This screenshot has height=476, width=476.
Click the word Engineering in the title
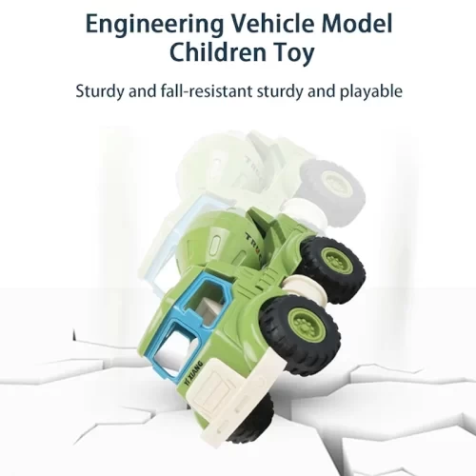click(155, 26)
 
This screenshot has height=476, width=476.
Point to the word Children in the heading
click(218, 52)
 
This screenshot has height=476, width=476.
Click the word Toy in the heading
click(294, 54)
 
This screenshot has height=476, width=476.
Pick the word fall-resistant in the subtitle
click(206, 90)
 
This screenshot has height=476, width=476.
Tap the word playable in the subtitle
click(371, 92)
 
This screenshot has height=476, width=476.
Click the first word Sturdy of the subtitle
click(100, 92)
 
